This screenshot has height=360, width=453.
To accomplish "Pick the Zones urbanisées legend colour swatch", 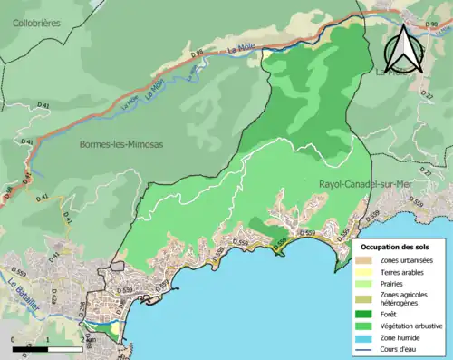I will (365, 261).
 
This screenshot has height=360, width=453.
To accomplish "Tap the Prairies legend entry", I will (394, 284).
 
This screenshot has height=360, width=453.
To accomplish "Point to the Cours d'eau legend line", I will (365, 347).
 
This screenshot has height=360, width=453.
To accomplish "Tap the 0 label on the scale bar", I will (14, 338).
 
